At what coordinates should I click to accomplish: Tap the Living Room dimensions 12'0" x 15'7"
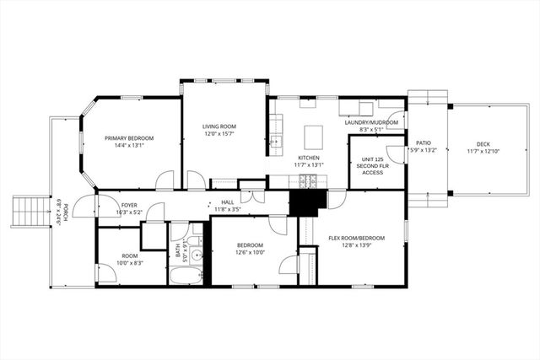224,134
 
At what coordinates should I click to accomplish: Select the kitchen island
314,137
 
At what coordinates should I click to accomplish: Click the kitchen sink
276,142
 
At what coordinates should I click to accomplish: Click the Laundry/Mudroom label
365,122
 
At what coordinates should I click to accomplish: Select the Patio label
424,144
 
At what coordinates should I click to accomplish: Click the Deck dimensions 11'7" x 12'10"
483,152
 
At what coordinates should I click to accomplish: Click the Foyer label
129,205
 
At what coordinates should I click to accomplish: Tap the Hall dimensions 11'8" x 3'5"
228,209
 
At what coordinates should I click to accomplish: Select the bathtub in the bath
185,275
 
